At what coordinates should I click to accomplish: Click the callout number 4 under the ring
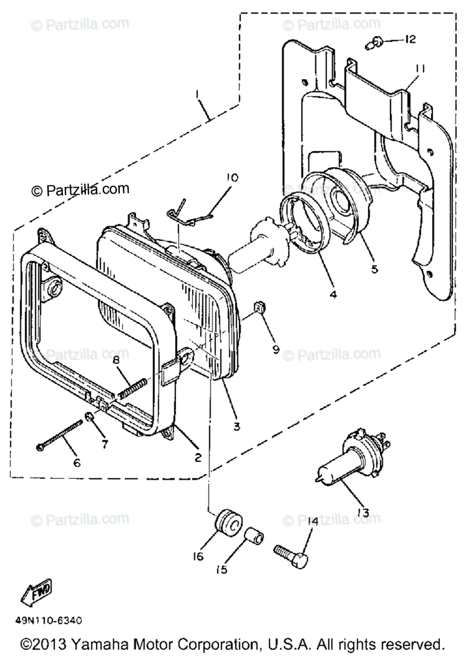pos(333,294)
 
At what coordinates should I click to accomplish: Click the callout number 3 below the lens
pos(236,426)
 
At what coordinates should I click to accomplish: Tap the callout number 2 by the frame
pos(197,457)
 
